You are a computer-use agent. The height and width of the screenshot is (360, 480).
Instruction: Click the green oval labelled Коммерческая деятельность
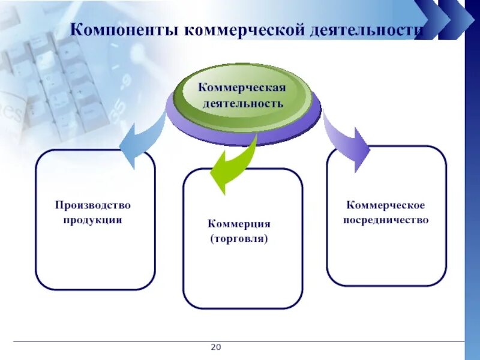pyautogui.click(x=242, y=96)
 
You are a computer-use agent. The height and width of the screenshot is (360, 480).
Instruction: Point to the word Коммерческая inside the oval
pyautogui.click(x=242, y=88)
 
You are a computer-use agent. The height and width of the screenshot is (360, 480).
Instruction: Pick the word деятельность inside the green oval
pyautogui.click(x=242, y=103)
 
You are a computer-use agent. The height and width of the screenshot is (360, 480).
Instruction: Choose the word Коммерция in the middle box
pyautogui.click(x=239, y=224)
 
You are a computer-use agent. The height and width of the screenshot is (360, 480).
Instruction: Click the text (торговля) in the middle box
pyautogui.click(x=239, y=238)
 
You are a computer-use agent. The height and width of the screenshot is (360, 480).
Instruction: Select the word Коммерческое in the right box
pyautogui.click(x=386, y=206)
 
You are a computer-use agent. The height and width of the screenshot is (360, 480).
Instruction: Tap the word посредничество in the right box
pyautogui.click(x=386, y=220)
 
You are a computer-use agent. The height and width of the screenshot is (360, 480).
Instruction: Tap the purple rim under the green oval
pyautogui.click(x=243, y=134)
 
